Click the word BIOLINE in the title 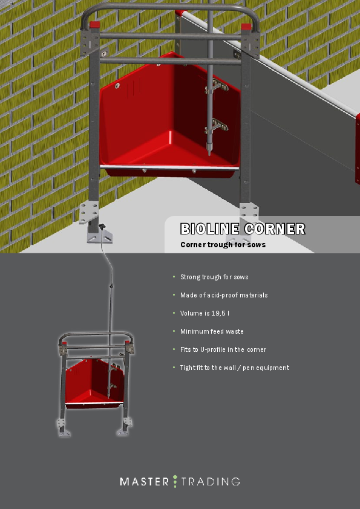tap(210, 229)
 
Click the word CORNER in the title tap(275, 229)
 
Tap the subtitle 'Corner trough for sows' tap(223, 245)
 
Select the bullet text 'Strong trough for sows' tap(214, 277)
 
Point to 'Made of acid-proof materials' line tap(224, 295)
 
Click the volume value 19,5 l tap(220, 313)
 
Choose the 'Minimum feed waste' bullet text tap(212, 331)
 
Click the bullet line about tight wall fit tap(235, 368)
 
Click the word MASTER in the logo tap(144, 481)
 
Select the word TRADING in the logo tap(211, 481)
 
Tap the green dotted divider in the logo tap(175, 481)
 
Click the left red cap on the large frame tap(94, 25)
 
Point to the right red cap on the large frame tap(246, 27)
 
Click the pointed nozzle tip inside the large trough tap(209, 151)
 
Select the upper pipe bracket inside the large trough tap(217, 86)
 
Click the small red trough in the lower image tap(94, 384)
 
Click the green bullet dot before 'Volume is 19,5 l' tap(174, 313)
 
